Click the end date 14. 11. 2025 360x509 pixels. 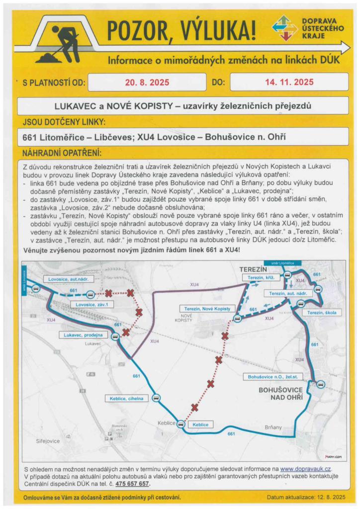289,82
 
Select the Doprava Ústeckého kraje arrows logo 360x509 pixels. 285,28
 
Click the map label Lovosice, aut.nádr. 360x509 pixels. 68,279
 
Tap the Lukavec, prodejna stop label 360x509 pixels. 83,336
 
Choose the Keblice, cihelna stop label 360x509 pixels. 126,398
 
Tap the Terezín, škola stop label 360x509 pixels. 322,313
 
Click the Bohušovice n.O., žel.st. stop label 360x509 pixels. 276,377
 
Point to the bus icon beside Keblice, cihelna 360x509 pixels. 157,398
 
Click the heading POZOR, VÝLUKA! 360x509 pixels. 182,31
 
